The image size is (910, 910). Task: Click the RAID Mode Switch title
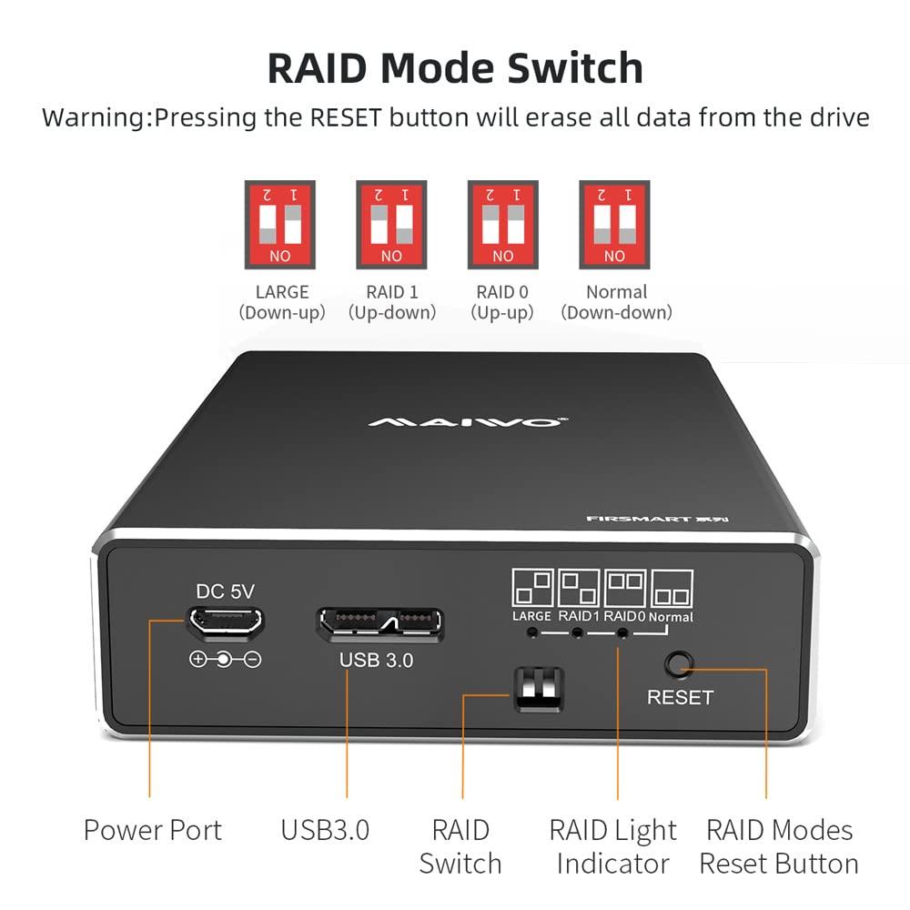(x=455, y=67)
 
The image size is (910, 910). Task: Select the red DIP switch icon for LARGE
(x=279, y=224)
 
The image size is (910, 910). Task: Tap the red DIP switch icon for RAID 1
(x=391, y=224)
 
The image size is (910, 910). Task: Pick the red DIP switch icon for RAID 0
(x=502, y=224)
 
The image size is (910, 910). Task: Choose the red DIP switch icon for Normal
(x=614, y=224)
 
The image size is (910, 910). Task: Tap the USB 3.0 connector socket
(x=379, y=624)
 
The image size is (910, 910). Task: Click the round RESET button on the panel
(x=676, y=664)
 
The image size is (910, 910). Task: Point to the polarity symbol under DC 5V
(x=225, y=660)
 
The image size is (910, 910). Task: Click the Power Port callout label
(x=153, y=830)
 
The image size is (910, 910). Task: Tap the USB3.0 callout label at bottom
(x=325, y=830)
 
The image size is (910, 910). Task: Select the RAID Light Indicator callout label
(x=612, y=846)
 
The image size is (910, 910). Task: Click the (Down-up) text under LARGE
(x=280, y=313)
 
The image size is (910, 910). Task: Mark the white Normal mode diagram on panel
(x=672, y=589)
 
